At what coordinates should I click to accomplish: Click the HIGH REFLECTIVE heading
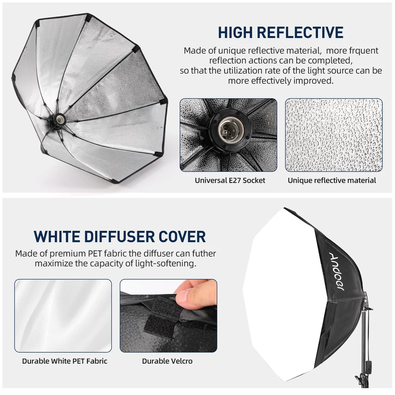click(280, 32)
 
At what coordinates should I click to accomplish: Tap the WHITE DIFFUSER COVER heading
click(120, 236)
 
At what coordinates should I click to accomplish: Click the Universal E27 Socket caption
click(230, 181)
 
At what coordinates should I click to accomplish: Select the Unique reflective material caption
click(332, 181)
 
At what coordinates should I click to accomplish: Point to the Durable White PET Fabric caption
click(64, 361)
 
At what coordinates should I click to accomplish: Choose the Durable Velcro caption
click(167, 361)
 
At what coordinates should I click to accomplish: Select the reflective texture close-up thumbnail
click(334, 135)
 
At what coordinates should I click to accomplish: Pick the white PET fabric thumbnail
click(63, 316)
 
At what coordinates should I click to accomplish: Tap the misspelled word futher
click(203, 253)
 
